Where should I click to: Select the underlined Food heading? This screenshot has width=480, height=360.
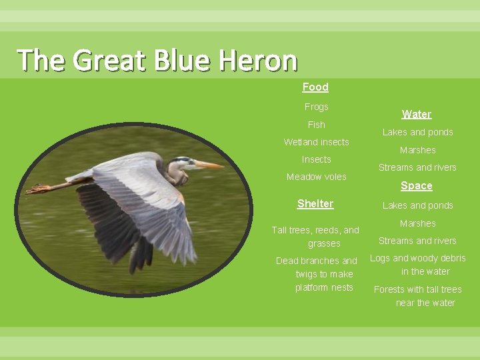(x=315, y=87)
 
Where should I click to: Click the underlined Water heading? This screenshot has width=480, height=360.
(x=417, y=114)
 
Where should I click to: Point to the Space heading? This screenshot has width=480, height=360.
(x=417, y=185)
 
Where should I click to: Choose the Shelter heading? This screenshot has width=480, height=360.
(x=315, y=203)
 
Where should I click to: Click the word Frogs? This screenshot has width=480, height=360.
(x=316, y=107)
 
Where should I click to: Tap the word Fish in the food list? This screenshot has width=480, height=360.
(x=316, y=125)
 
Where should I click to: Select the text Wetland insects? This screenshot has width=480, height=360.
(x=316, y=142)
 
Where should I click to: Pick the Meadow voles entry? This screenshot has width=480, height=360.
(x=316, y=177)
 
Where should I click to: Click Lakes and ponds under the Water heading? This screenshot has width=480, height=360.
(x=417, y=132)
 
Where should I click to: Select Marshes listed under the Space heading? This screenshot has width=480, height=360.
(x=417, y=223)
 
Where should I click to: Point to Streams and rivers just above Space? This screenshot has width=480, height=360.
(x=417, y=167)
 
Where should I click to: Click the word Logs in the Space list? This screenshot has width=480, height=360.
(x=380, y=258)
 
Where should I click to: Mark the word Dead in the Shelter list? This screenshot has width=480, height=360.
(x=287, y=261)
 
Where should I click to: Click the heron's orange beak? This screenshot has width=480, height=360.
(x=208, y=164)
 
